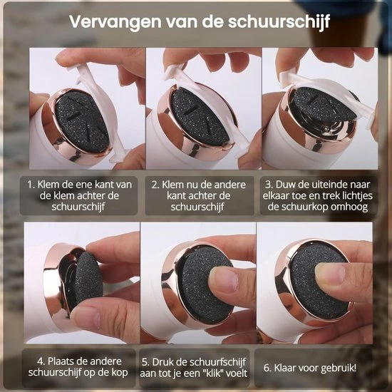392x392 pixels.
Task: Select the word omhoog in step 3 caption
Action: pyautogui.click(x=349, y=207)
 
